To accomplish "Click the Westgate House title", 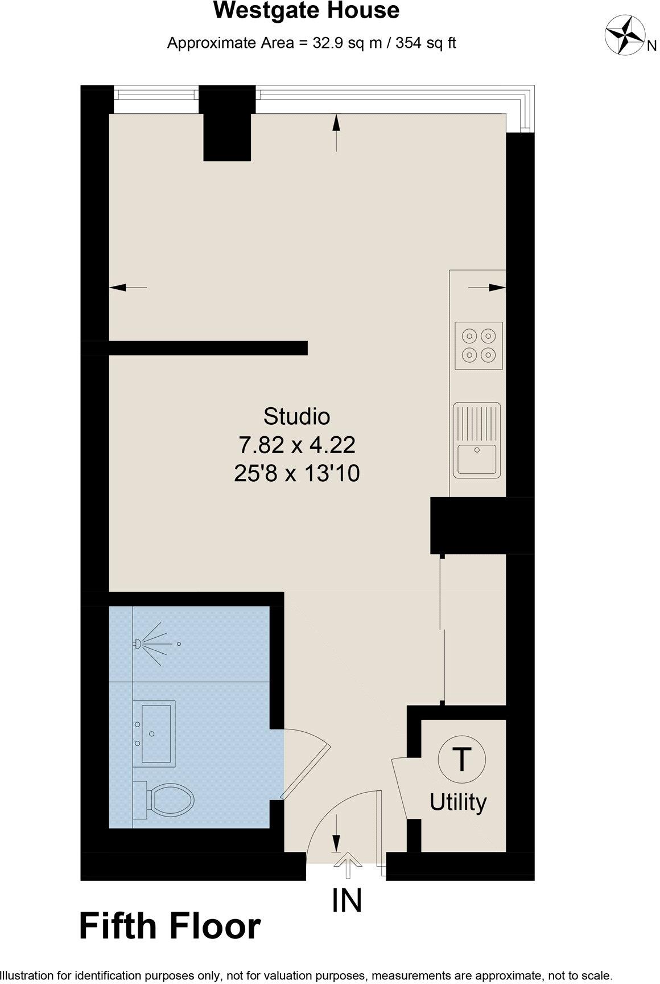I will click(x=306, y=11).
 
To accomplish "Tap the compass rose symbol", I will click(x=625, y=35).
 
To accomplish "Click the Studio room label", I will click(x=296, y=416).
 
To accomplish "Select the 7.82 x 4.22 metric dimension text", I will click(x=296, y=445).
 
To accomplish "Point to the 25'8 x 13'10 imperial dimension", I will click(x=296, y=473).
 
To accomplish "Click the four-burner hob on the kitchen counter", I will click(x=478, y=346).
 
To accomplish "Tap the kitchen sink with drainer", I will click(x=477, y=440).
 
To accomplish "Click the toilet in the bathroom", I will click(x=168, y=799).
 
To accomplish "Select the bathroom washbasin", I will click(x=157, y=732).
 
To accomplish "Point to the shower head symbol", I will click(x=138, y=644).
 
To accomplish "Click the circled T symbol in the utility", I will click(x=461, y=759).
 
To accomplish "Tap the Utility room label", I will click(x=458, y=802).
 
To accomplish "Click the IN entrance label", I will click(x=347, y=900).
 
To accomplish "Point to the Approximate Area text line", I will click(x=311, y=43).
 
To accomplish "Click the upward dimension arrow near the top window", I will click(x=336, y=131).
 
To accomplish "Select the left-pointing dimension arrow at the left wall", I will click(x=126, y=288).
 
